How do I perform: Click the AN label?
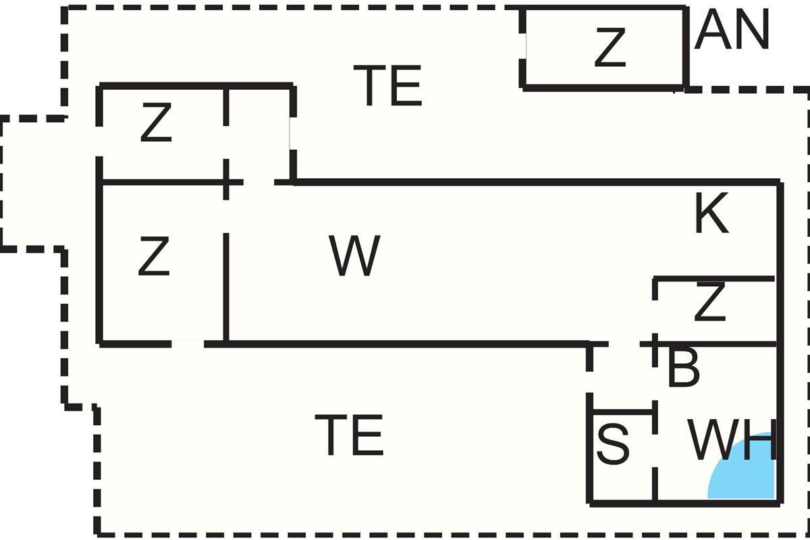[x=732, y=32]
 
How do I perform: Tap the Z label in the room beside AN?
[x=610, y=47]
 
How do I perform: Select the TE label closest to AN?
[x=387, y=86]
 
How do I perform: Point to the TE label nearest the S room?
[x=349, y=436]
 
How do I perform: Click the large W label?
[x=355, y=256]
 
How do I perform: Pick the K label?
[x=711, y=216]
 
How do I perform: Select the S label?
[x=613, y=444]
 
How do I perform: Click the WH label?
[x=732, y=441]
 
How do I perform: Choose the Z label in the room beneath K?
[x=709, y=304]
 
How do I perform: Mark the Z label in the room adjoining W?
[x=154, y=257]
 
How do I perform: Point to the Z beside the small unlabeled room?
[x=156, y=124]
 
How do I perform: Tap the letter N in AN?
[x=751, y=32]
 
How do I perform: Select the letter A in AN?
[x=712, y=32]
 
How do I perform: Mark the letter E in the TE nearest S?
[x=368, y=436]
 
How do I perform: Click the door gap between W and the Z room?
[x=226, y=216]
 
